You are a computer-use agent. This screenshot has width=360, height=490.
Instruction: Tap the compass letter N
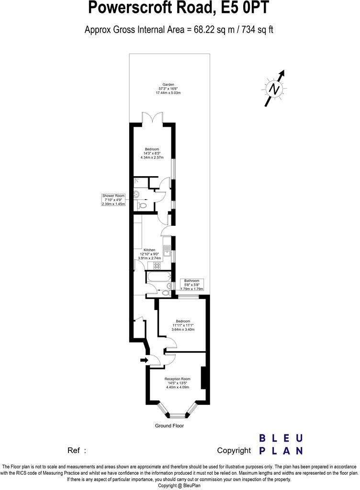pyautogui.click(x=274, y=89)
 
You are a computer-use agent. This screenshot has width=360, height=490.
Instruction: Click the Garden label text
pyautogui.click(x=168, y=84)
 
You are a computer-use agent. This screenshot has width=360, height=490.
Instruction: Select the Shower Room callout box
pyautogui.click(x=113, y=200)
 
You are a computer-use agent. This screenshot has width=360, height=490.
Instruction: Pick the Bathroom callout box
pyautogui.click(x=191, y=285)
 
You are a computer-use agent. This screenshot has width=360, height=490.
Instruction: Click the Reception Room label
pyautogui.click(x=177, y=379)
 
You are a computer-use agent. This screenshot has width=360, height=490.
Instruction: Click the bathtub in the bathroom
pyautogui.click(x=158, y=277)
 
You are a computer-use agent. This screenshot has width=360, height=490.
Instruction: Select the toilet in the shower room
pyautogui.click(x=141, y=205)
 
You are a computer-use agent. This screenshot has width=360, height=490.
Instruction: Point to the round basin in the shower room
pyautogui.click(x=136, y=194)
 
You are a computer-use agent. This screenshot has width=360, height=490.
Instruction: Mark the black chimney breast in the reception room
pyautogui.click(x=203, y=378)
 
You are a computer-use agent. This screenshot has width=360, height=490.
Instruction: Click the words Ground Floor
pyautogui.click(x=169, y=425)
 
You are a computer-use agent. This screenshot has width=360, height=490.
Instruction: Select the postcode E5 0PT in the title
pyautogui.click(x=245, y=8)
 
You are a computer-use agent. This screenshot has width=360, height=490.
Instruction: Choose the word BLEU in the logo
pyautogui.click(x=281, y=438)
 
